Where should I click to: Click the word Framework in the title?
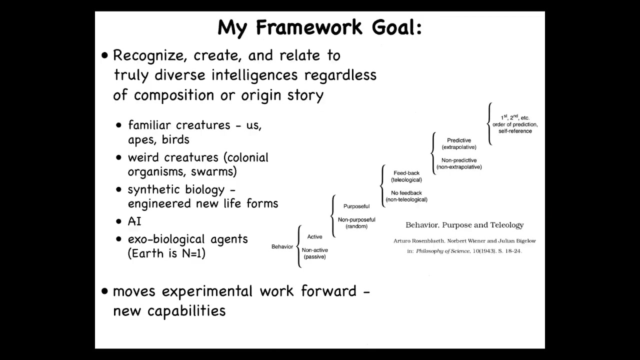click(x=309, y=27)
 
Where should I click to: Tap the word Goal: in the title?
click(x=397, y=27)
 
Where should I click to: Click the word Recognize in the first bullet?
click(x=150, y=56)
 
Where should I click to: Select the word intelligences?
click(x=254, y=75)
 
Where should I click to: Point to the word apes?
click(x=141, y=140)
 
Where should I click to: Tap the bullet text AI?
click(x=134, y=221)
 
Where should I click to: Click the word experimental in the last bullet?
click(x=207, y=292)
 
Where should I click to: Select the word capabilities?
click(x=186, y=311)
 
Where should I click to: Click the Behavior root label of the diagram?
click(x=282, y=246)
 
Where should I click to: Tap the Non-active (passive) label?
click(x=315, y=253)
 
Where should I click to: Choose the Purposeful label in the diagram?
click(x=356, y=206)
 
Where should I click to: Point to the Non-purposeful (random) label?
click(x=356, y=223)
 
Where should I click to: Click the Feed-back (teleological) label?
click(x=406, y=176)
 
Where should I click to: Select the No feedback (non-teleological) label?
click(x=406, y=196)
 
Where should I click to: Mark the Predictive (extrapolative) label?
click(x=459, y=143)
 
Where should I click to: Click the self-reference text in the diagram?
click(x=515, y=131)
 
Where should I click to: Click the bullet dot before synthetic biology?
click(x=119, y=189)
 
